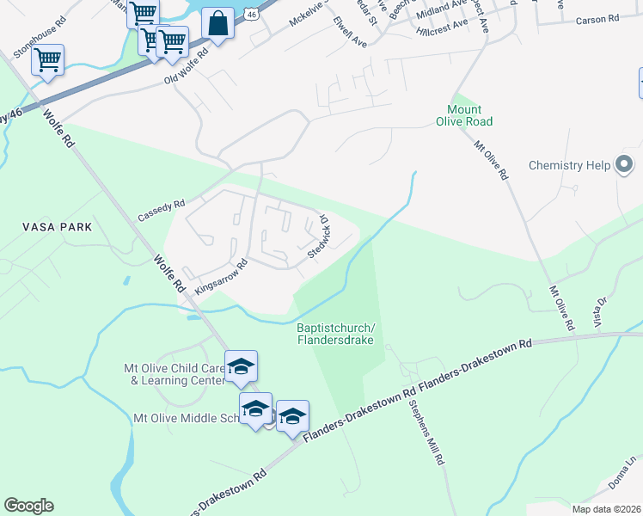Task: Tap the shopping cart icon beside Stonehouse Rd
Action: pyautogui.click(x=48, y=60)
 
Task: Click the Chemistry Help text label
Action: pyautogui.click(x=569, y=165)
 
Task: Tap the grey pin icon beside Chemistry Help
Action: pyautogui.click(x=624, y=163)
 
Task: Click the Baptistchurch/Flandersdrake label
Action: pyautogui.click(x=336, y=333)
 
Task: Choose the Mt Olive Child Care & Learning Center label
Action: pyautogui.click(x=175, y=374)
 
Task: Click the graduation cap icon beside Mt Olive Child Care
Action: pyautogui.click(x=241, y=366)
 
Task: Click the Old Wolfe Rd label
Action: pyautogui.click(x=187, y=67)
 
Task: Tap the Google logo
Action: pyautogui.click(x=28, y=506)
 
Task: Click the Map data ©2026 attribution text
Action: pyautogui.click(x=605, y=509)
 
